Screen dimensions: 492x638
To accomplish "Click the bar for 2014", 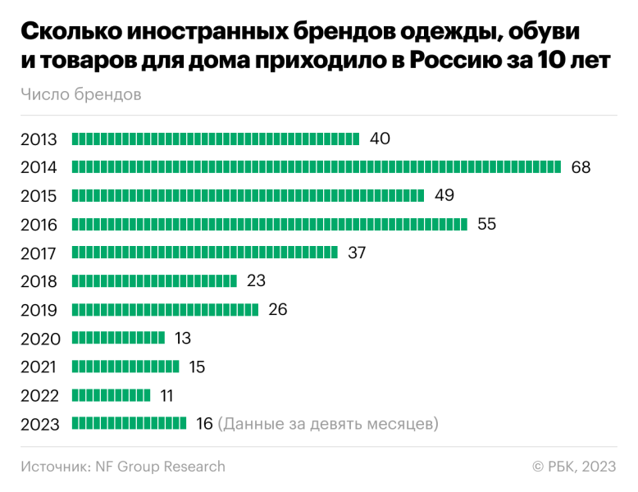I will [x=317, y=167].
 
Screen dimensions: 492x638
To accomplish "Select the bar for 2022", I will [x=112, y=395].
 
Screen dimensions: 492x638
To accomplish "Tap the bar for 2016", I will [x=270, y=224].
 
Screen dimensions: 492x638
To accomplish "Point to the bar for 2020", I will [x=119, y=338].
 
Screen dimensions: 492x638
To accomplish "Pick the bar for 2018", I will [x=155, y=281].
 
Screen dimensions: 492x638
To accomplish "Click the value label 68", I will [x=581, y=167].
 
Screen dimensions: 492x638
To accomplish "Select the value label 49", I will [x=444, y=195].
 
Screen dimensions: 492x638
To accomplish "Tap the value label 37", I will [x=357, y=253].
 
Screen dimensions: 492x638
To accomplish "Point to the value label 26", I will [x=277, y=309].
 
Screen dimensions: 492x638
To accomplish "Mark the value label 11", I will [x=166, y=395].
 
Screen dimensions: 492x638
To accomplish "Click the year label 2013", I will [x=39, y=139].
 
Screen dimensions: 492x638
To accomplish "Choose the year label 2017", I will [x=39, y=253].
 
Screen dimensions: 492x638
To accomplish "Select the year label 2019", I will [x=39, y=310].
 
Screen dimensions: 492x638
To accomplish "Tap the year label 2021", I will [x=39, y=367].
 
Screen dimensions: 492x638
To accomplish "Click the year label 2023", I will [x=39, y=424].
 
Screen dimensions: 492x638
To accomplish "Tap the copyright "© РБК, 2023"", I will [x=574, y=467].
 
